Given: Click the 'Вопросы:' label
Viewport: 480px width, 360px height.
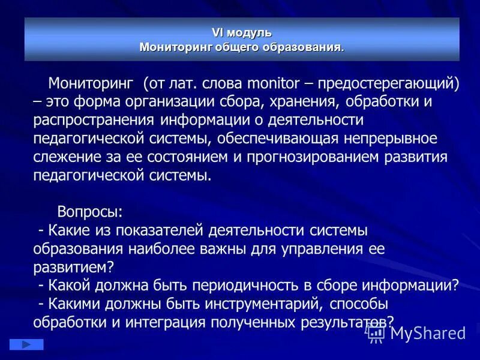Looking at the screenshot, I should click(90, 212).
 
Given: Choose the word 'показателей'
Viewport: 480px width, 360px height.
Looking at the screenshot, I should click(156, 230).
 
